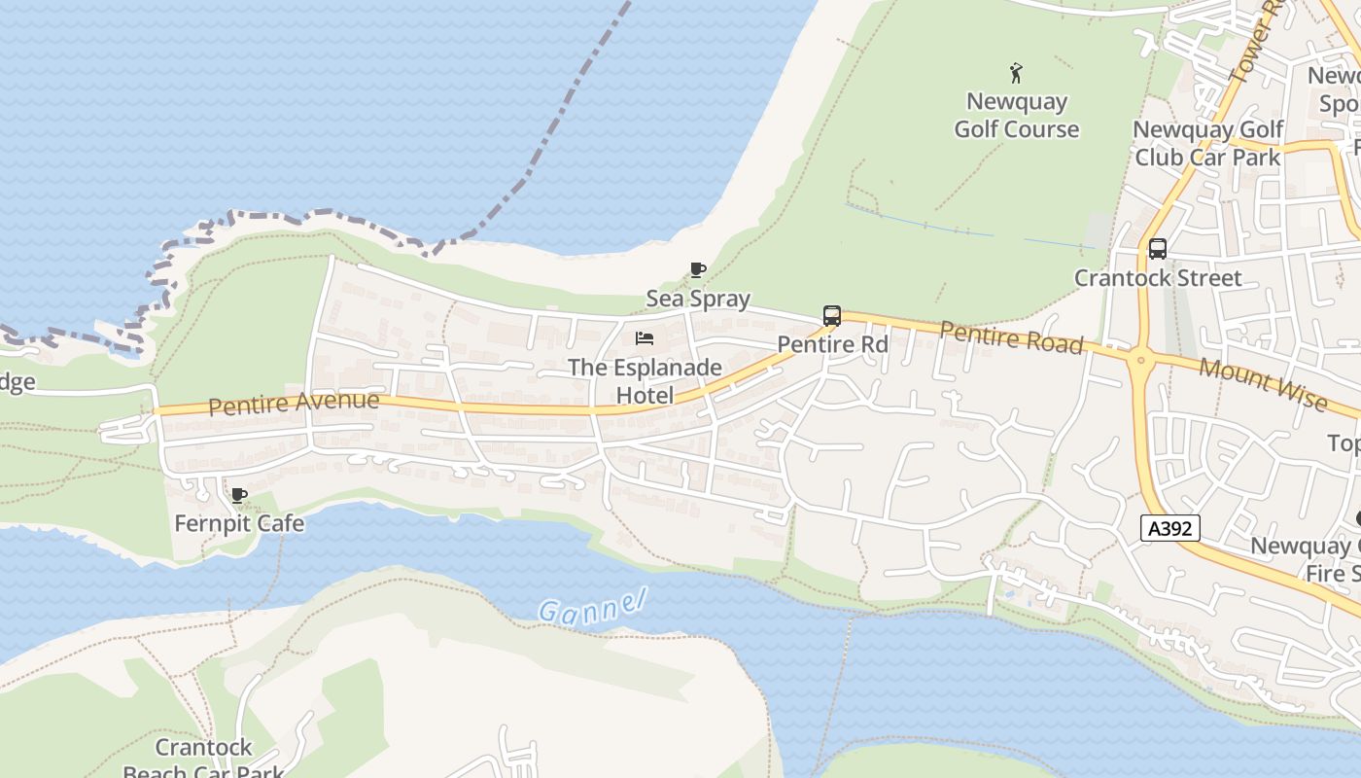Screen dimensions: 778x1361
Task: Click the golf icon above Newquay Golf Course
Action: click(x=1016, y=73)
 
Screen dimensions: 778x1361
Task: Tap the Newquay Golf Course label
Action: click(x=1016, y=115)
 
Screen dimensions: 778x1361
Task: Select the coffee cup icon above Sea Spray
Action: click(x=697, y=270)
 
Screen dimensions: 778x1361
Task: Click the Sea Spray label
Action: click(x=698, y=299)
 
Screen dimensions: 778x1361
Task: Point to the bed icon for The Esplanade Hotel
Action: click(x=644, y=338)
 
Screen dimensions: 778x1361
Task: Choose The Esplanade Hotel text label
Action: click(x=645, y=381)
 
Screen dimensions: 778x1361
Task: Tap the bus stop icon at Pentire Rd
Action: click(x=831, y=316)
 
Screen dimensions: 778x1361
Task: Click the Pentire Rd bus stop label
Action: click(x=832, y=344)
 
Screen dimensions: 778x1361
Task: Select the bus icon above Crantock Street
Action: click(x=1157, y=249)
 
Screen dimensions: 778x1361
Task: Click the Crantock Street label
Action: click(x=1157, y=278)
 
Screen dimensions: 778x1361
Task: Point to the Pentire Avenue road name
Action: click(x=294, y=403)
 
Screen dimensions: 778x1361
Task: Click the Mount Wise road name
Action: click(x=1262, y=383)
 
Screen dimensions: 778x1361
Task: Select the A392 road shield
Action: click(x=1170, y=528)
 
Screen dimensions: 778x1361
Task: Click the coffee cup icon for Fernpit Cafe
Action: click(x=238, y=496)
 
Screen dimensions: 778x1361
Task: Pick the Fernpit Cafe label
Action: click(x=239, y=523)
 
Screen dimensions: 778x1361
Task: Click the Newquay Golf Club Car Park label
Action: click(x=1207, y=143)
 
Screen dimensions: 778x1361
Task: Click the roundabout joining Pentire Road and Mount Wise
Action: click(x=1139, y=361)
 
